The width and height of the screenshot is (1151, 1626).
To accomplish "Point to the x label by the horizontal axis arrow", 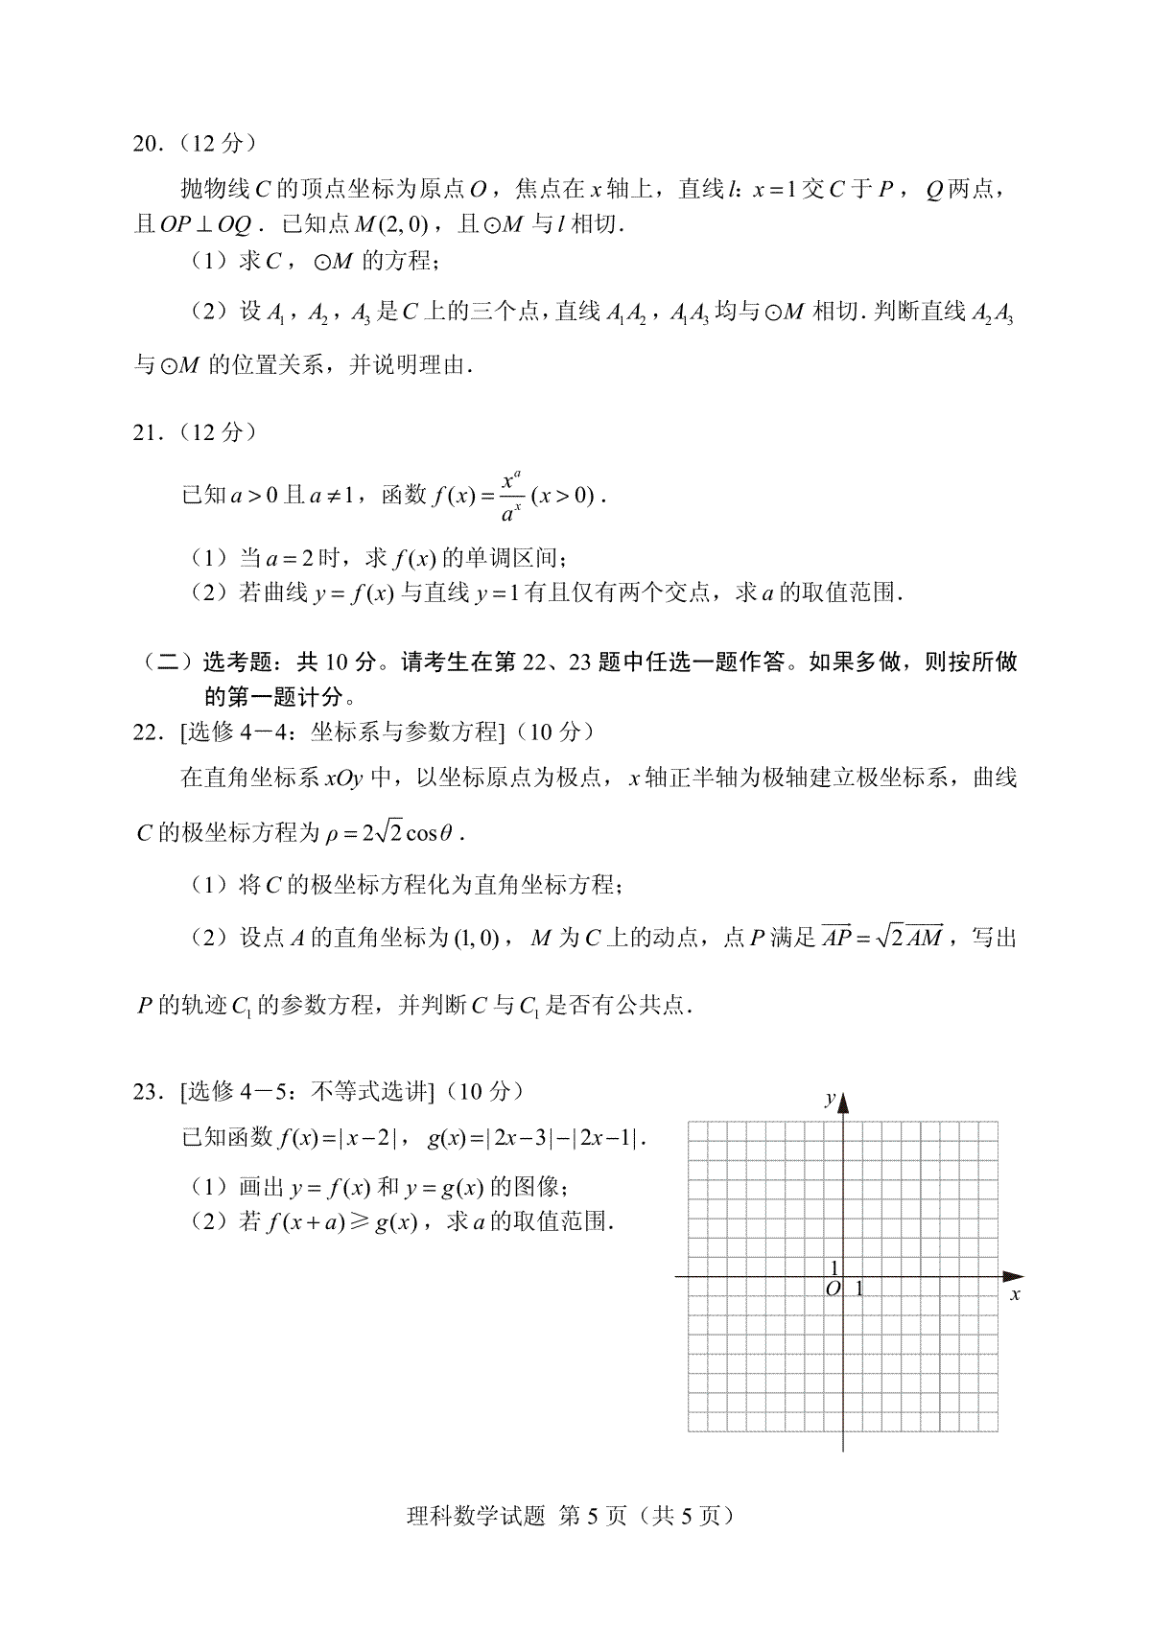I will coord(1015,1295).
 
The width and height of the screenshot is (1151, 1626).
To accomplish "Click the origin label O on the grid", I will coord(833,1289).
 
